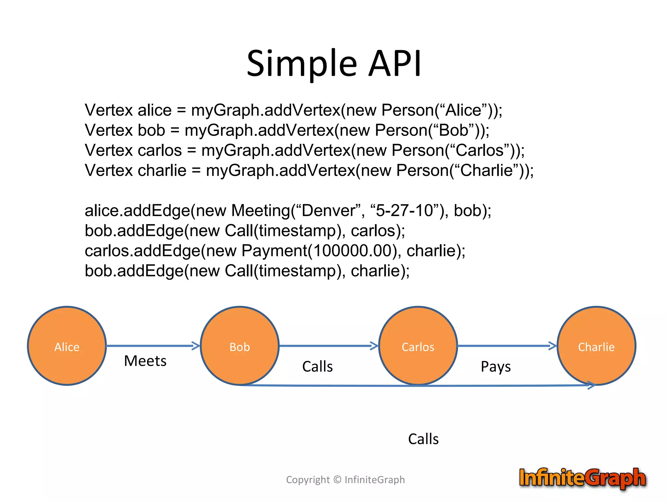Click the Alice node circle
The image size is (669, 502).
[67, 346]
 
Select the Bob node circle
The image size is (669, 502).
[239, 346]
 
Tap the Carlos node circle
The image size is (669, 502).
[418, 346]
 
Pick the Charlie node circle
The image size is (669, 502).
[596, 346]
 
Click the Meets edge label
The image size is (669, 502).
[145, 361]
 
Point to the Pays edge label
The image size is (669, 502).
[496, 367]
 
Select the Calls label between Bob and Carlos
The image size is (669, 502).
[318, 367]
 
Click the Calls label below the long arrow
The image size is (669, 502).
[423, 439]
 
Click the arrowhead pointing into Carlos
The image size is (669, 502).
[374, 346]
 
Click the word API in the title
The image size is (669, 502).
[395, 63]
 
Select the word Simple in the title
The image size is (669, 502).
[302, 63]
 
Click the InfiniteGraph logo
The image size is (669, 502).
[582, 478]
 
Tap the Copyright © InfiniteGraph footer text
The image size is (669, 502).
[345, 480]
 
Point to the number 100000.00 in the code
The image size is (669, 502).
[352, 251]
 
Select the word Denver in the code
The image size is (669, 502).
[328, 211]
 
